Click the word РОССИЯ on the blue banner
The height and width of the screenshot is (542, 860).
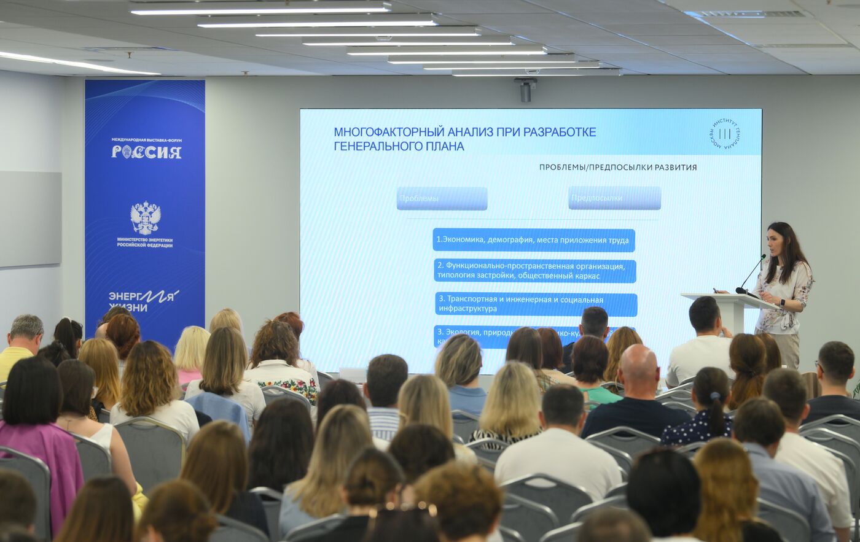(146, 152)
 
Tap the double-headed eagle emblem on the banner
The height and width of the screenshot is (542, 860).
(146, 218)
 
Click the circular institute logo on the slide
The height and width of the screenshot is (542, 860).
(725, 133)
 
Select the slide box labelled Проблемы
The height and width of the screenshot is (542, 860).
(442, 198)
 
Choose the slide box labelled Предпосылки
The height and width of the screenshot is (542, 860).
(614, 198)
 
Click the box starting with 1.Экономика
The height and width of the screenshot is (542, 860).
(533, 240)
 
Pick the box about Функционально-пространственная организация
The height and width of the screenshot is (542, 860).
(534, 271)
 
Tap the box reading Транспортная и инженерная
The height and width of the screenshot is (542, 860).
(536, 304)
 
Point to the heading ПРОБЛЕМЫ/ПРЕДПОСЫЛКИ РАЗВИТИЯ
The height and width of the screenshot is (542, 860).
(618, 167)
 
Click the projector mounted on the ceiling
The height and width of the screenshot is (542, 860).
(525, 89)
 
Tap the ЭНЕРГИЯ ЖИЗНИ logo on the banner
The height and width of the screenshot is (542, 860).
(143, 300)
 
